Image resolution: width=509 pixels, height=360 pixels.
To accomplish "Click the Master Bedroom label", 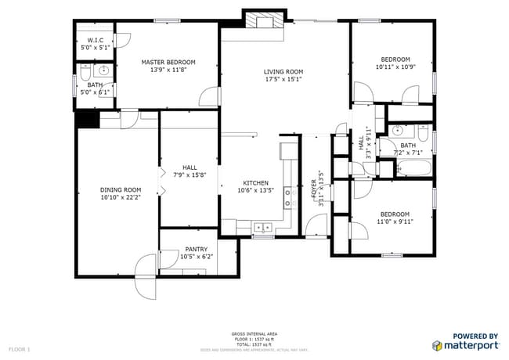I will [x=168, y=62].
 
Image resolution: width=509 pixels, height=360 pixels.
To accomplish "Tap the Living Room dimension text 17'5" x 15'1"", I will [x=283, y=79].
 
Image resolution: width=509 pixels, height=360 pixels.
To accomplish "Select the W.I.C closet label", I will [x=96, y=40].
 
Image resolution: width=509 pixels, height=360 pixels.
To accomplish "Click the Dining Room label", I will [x=121, y=189].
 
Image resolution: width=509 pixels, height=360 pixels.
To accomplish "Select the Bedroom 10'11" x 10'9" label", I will [x=395, y=59].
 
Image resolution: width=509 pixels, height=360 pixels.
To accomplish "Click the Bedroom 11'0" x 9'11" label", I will [x=395, y=214].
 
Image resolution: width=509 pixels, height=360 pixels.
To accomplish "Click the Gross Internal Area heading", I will [x=254, y=333].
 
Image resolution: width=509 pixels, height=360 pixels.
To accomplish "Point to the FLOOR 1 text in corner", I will [x=19, y=348].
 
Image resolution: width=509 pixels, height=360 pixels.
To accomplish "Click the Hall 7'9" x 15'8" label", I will [x=190, y=167].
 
